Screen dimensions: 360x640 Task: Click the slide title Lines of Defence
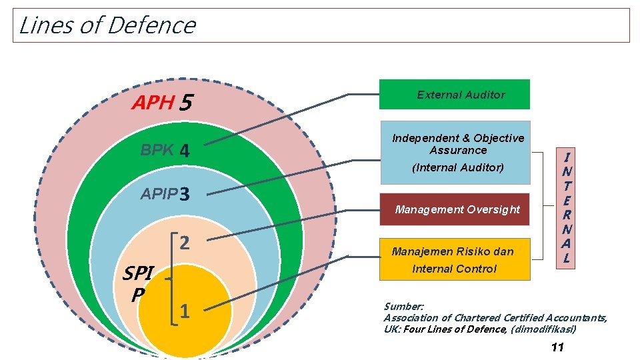pos(107,25)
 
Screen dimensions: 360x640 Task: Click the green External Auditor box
pos(454,94)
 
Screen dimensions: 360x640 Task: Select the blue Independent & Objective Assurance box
pos(455,152)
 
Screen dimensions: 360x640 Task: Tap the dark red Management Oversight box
pos(454,209)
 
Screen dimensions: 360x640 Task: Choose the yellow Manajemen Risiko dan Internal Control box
pos(454,259)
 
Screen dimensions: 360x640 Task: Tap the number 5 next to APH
pos(186,103)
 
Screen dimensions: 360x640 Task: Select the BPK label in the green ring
pos(157,151)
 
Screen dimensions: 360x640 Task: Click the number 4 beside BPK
pos(185,152)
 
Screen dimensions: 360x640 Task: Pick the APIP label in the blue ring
pos(159,194)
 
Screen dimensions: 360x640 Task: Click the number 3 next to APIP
pos(185,195)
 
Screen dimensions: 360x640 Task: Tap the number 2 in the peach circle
pos(185,242)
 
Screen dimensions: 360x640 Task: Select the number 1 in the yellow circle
pos(185,310)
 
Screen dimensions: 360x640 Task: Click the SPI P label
pos(139,283)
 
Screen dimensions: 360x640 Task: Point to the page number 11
pos(558,347)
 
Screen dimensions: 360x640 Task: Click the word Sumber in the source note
pos(399,307)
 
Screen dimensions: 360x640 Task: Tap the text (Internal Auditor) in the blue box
pos(458,167)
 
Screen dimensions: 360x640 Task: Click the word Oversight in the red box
pos(494,209)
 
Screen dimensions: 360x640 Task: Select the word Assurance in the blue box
pos(458,150)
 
